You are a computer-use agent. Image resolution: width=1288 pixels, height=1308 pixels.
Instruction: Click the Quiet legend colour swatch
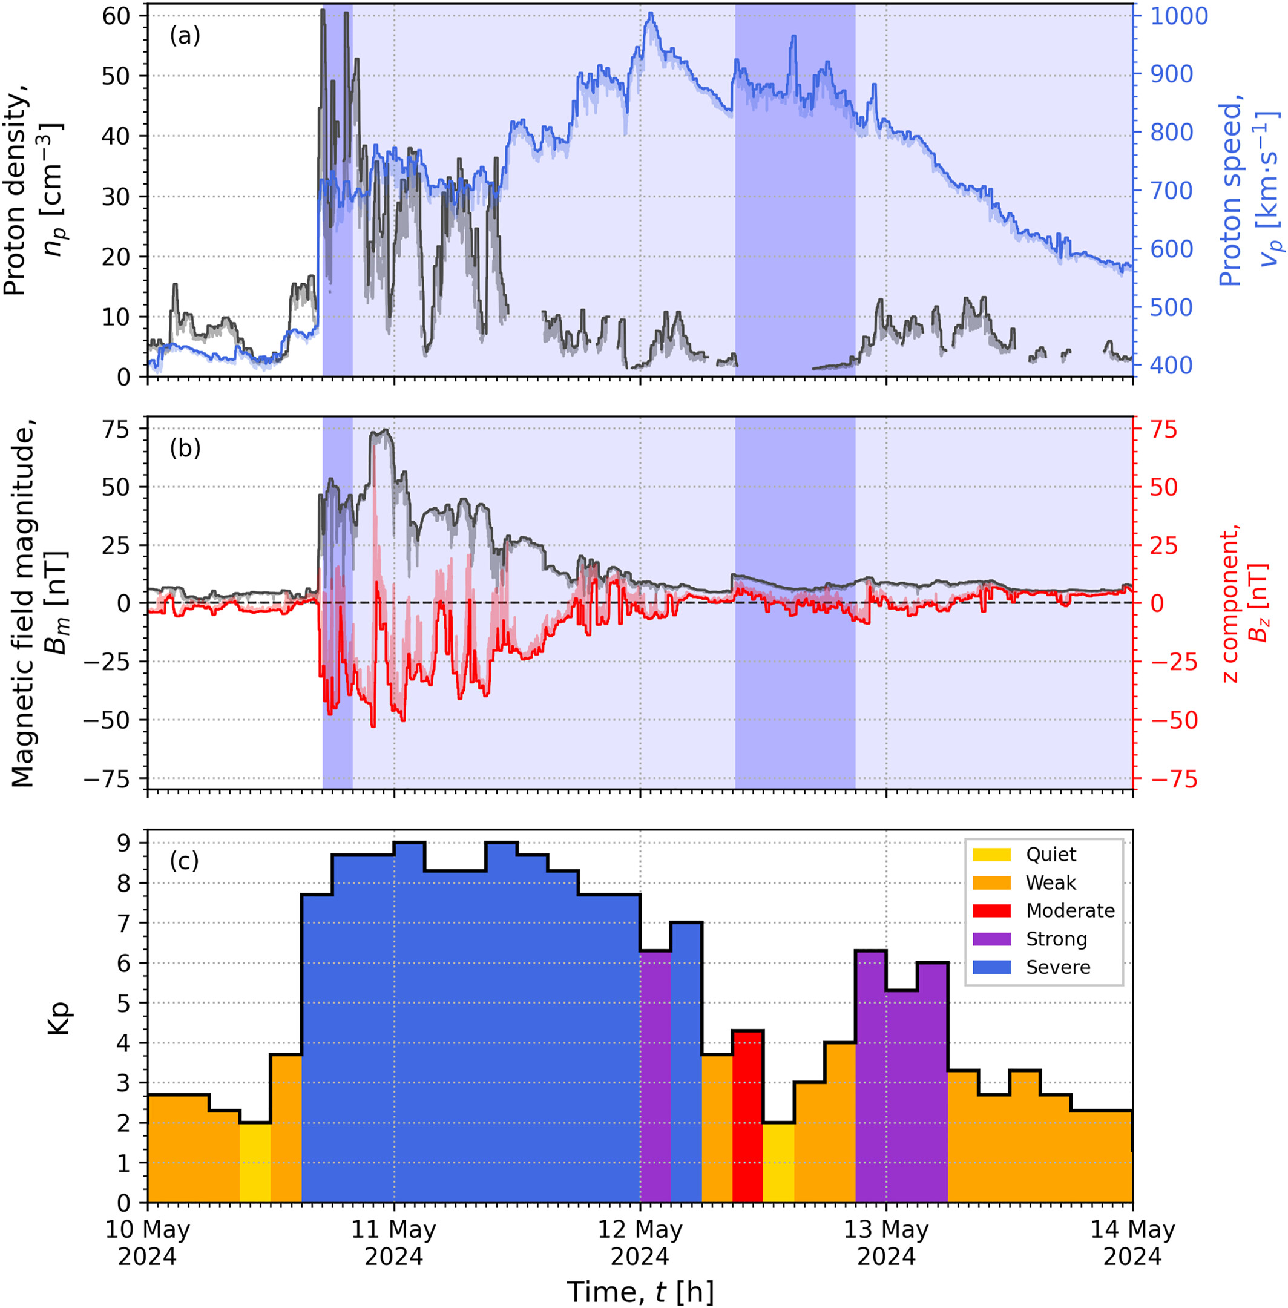click(991, 854)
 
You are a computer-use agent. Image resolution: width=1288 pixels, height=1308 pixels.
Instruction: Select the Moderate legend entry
click(1070, 910)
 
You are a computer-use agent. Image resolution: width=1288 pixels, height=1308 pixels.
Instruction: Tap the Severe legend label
click(1058, 967)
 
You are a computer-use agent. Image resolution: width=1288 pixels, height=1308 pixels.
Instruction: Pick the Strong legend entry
click(1056, 939)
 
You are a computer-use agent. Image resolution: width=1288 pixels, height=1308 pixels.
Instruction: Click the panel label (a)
click(185, 36)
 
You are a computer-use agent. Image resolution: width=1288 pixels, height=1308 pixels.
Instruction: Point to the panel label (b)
click(185, 449)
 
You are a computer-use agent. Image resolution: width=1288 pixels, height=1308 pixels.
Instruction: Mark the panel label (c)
click(184, 862)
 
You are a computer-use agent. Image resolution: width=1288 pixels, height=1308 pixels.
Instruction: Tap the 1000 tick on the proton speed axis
click(1179, 16)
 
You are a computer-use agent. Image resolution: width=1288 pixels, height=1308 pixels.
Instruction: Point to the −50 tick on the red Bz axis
click(1173, 720)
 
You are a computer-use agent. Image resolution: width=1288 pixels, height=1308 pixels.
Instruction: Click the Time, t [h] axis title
click(640, 1291)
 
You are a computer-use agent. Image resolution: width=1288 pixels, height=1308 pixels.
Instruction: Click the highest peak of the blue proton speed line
click(650, 13)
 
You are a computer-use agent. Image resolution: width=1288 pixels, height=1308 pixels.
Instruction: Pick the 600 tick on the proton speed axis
click(1171, 249)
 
